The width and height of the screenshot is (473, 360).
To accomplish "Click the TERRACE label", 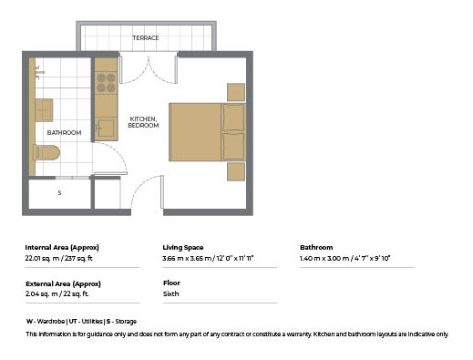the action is coord(146,38).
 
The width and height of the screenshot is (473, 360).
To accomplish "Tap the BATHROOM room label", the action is coord(64,133).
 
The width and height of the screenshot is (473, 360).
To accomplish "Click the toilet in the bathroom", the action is coord(46,152).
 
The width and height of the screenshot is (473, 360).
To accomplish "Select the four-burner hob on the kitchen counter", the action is coord(106,83).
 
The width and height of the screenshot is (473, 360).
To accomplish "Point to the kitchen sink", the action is coord(106,128).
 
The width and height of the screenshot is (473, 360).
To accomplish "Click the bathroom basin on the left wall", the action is coord(44,110).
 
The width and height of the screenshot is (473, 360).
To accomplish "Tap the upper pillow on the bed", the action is coord(233,118).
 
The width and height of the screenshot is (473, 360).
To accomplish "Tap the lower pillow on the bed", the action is coord(233,147).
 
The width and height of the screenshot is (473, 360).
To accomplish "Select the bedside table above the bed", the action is coord(236,92).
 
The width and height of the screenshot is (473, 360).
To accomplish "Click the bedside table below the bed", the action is coord(236,171).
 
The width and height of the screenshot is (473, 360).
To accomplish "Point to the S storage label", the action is coord(59,193).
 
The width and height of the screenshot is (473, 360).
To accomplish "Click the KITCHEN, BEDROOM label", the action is coord(143,122).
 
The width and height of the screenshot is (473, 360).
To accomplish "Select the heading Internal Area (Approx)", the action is coord(62,248).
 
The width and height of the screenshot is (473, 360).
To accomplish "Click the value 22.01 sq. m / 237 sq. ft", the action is coord(58,258).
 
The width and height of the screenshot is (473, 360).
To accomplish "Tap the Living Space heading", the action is coord(183,248).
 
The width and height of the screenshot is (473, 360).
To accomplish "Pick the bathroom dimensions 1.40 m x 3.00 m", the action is coord(324,258).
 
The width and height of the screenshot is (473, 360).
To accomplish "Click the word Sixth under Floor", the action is coord(171,293).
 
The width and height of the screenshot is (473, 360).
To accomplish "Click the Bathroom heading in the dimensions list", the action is coord(316,247).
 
